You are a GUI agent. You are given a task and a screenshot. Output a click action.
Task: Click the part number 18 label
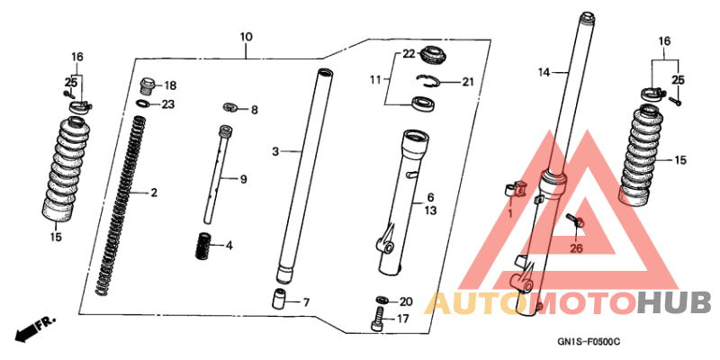(x=170, y=85)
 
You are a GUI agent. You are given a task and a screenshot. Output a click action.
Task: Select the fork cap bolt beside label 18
(x=148, y=85)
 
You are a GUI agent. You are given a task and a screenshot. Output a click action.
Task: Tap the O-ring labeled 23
(x=144, y=103)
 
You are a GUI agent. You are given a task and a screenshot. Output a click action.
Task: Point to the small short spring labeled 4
(x=202, y=247)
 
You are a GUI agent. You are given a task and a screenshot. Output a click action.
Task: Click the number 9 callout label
(x=243, y=179)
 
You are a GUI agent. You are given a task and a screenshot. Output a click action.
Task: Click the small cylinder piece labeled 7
(x=280, y=300)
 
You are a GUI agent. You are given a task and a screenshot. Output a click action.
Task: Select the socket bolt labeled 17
(x=377, y=319)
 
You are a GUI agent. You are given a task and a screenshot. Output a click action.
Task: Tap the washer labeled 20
(x=382, y=301)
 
